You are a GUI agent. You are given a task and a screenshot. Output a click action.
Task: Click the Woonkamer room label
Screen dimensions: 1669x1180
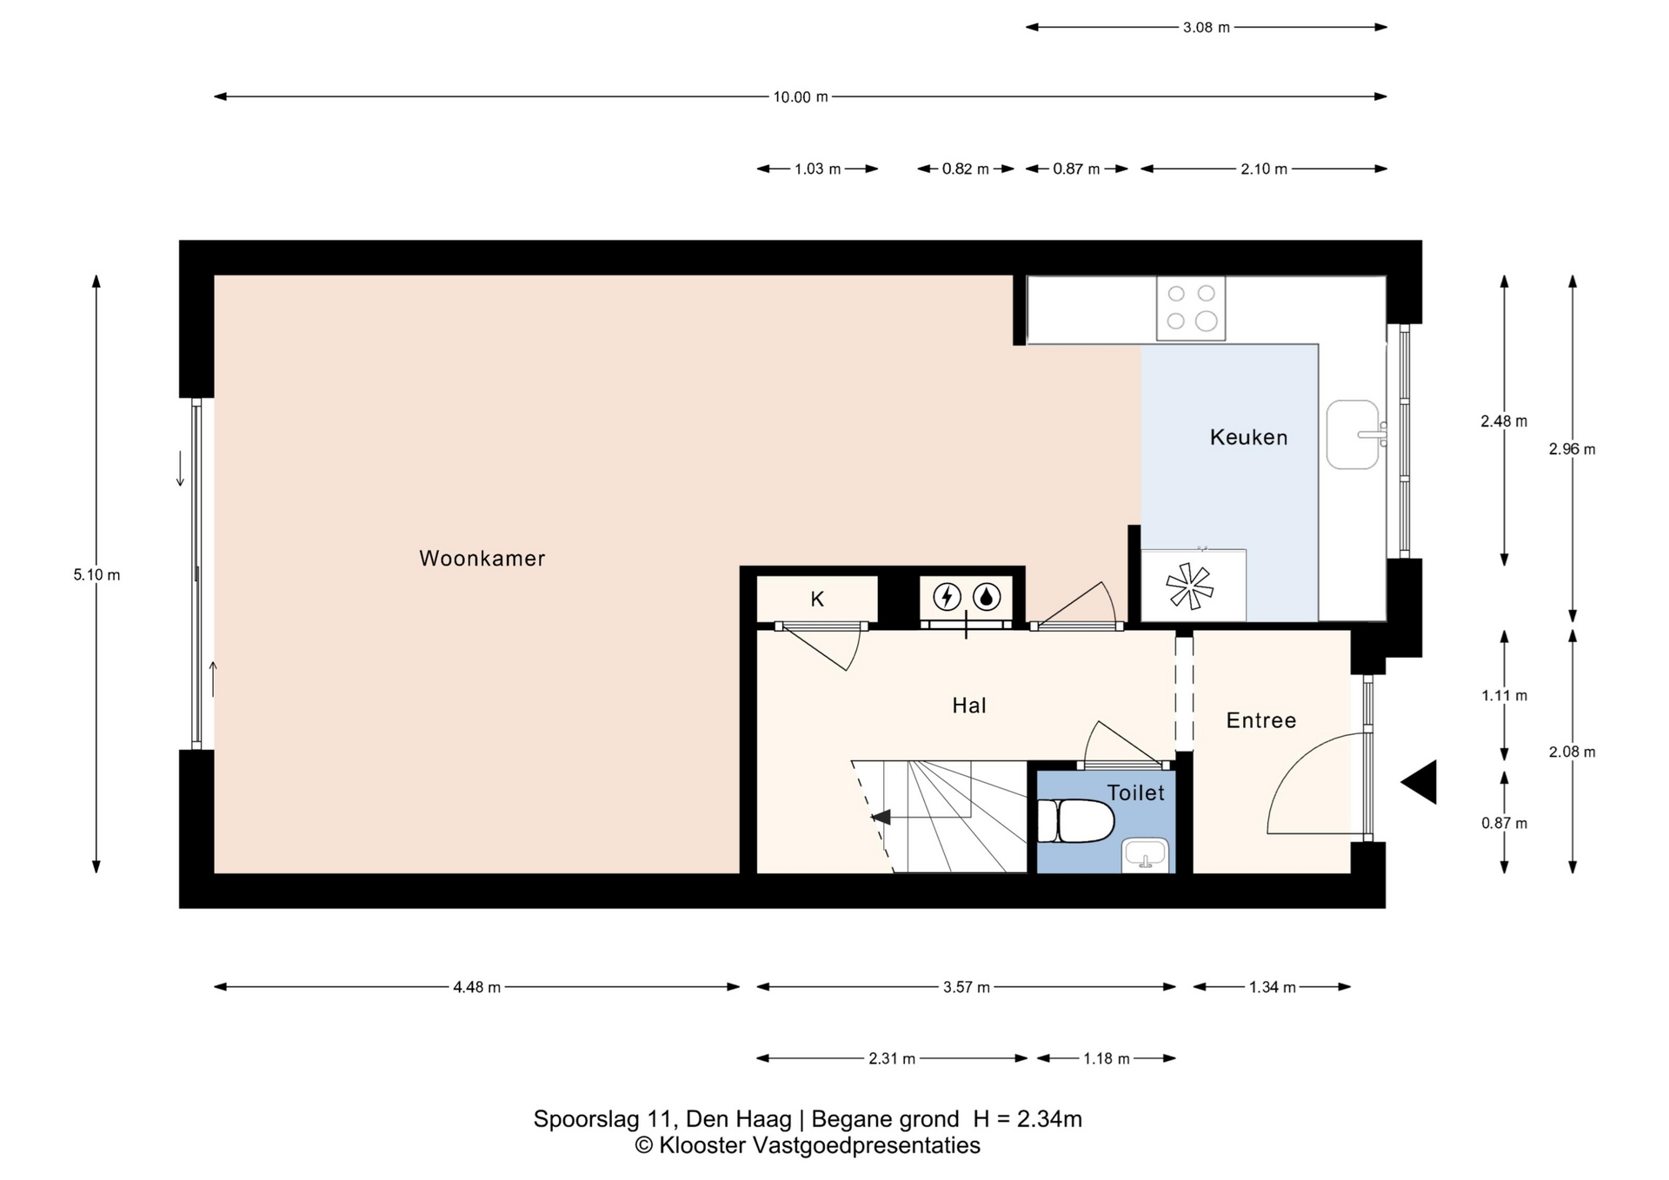click(482, 559)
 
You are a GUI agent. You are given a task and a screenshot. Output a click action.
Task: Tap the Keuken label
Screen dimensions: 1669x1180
click(1249, 437)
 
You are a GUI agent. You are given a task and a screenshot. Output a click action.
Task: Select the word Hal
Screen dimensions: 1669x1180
click(969, 706)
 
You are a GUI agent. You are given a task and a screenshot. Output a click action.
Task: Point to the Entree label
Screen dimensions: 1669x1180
click(1261, 720)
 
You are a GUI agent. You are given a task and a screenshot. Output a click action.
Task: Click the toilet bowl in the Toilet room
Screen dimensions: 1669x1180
click(1075, 821)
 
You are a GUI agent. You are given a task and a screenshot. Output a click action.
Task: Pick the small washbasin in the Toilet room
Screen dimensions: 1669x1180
click(1145, 855)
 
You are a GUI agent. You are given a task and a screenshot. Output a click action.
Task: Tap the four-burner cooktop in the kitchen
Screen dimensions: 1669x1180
click(1191, 308)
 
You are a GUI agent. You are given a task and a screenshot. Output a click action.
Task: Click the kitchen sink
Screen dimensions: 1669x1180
click(1353, 434)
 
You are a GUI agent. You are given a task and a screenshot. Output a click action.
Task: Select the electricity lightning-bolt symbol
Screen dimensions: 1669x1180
click(947, 597)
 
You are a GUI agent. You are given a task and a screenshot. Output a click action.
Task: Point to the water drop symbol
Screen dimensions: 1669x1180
click(987, 597)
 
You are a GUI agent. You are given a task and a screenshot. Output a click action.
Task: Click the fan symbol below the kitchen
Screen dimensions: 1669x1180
click(1189, 586)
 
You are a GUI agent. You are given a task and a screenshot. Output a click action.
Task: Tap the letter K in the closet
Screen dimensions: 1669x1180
click(817, 599)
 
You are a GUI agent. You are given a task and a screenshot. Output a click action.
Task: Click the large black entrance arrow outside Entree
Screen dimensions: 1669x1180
click(1419, 782)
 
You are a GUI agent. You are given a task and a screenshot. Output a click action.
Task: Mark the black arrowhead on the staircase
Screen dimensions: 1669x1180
click(881, 817)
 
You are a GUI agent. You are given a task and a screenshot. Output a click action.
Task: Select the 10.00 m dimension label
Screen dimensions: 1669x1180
click(801, 97)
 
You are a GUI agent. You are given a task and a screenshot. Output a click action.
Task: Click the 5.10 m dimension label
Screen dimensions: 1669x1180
click(97, 574)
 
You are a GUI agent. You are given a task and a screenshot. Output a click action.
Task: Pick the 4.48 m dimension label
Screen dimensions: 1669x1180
click(477, 987)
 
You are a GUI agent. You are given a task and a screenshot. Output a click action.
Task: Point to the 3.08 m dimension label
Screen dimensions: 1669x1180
click(1207, 27)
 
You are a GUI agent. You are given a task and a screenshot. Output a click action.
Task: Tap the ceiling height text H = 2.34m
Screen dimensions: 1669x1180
click(1027, 1119)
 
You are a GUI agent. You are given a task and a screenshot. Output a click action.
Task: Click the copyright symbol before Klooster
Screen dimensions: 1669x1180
click(643, 1146)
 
